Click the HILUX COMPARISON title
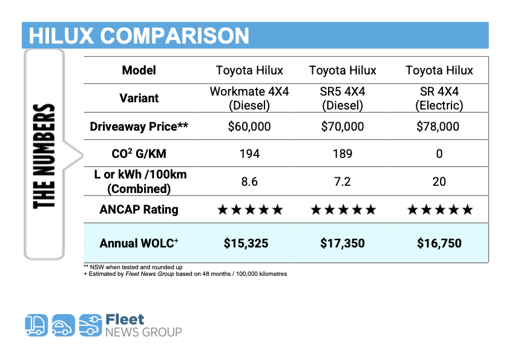(139, 36)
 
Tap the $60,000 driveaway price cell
(249, 126)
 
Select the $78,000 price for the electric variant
(438, 126)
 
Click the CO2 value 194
(249, 154)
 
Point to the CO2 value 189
(343, 154)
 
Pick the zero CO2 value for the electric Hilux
(439, 154)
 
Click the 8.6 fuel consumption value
(249, 182)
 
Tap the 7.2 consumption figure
(343, 182)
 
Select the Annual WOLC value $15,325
(246, 243)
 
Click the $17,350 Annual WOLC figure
(343, 243)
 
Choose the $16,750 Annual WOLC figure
(439, 243)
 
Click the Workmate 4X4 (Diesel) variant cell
(249, 99)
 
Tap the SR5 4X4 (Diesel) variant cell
(343, 99)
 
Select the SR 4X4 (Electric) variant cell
(439, 99)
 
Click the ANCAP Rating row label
(139, 210)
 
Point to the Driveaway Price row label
(139, 126)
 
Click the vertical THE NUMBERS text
(44, 157)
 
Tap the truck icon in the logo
(36, 325)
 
